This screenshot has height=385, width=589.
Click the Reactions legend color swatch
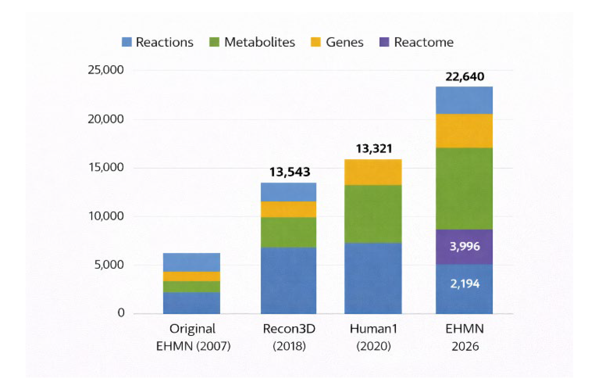point(126,42)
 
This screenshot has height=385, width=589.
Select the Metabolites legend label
point(259,42)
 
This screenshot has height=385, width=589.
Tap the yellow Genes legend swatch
point(316,42)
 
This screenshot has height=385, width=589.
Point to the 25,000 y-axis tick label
point(105,70)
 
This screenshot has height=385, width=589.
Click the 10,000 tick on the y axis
point(105,216)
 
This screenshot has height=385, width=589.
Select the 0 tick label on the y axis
point(121,313)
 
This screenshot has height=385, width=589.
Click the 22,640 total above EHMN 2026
point(465,77)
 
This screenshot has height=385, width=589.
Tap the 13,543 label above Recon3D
point(289,172)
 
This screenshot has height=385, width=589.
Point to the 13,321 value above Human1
point(374,149)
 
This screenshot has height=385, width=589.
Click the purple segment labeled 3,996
point(464,247)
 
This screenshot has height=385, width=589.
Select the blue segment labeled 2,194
point(464,289)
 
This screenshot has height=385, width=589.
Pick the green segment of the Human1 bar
point(373,214)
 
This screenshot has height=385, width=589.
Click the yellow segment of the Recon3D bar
point(288,209)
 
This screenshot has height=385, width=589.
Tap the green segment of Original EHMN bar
point(191,287)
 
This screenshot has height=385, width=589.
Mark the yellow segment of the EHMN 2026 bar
point(464,131)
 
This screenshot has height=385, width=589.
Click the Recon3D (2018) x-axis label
point(289,337)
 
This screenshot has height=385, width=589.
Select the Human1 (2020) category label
point(373,337)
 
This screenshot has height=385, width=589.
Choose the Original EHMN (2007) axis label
point(193,337)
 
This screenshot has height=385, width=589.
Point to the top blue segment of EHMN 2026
point(464,100)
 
